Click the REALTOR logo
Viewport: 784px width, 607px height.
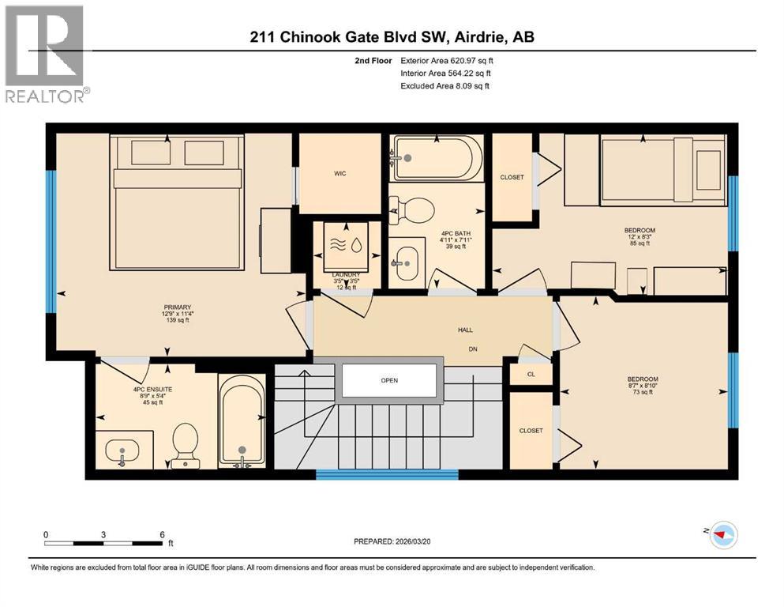tap(46, 54)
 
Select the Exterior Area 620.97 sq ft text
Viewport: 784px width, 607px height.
tap(448, 60)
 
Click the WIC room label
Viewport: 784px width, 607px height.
tap(339, 173)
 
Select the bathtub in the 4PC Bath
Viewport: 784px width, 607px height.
tap(437, 158)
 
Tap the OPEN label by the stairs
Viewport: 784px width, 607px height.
tap(388, 380)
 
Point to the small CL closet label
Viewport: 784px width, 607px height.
tap(531, 375)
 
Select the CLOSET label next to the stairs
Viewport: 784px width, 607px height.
tap(531, 431)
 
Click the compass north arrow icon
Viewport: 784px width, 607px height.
tap(722, 535)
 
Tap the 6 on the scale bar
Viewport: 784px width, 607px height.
tap(162, 534)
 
